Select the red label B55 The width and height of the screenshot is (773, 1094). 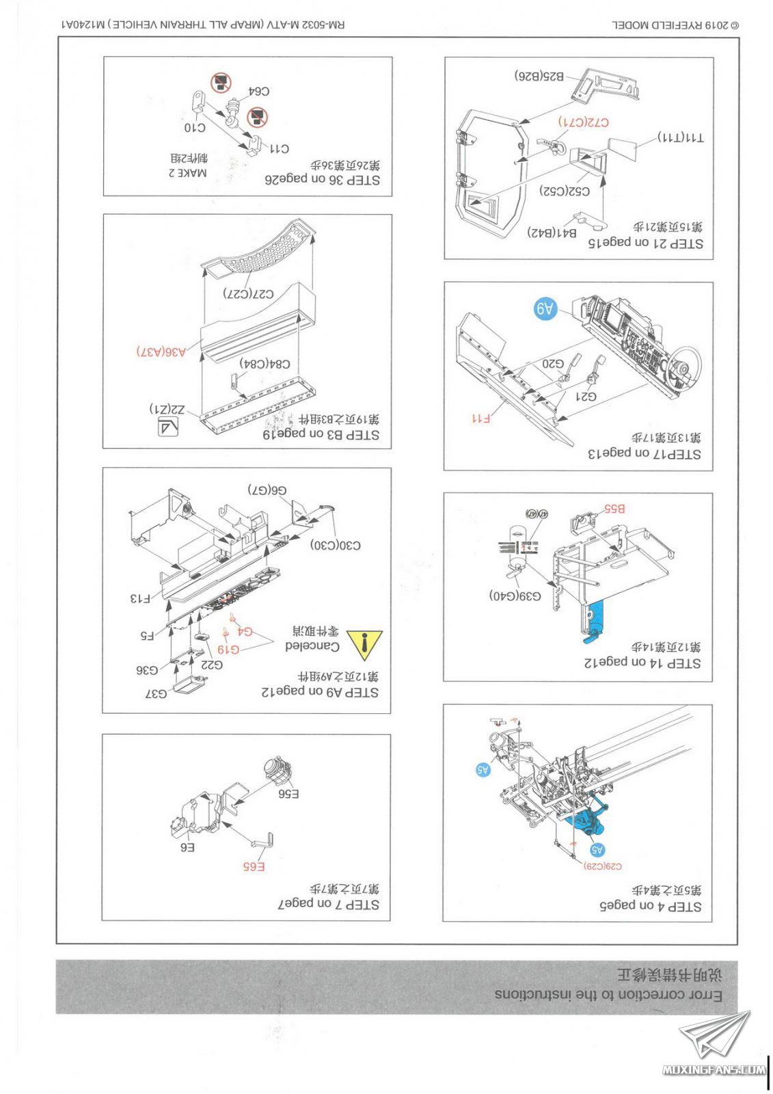[614, 509]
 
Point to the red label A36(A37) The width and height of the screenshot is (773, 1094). [161, 351]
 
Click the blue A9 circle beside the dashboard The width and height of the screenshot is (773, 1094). [544, 309]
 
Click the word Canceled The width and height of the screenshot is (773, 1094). [312, 646]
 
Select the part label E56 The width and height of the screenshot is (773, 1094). [288, 794]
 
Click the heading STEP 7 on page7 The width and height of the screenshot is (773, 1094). [328, 904]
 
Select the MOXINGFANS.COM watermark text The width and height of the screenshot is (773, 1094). [714, 1070]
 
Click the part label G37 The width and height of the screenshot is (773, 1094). [156, 693]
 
